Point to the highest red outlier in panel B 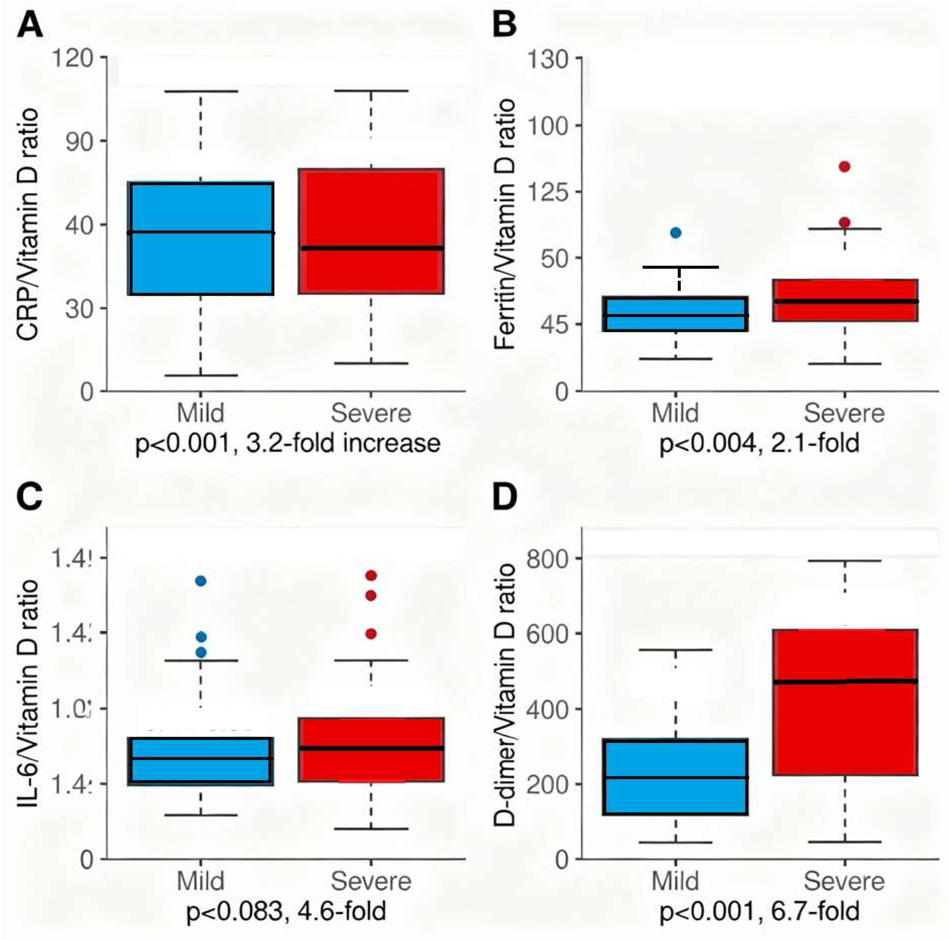click(844, 167)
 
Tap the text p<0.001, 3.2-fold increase click(287, 443)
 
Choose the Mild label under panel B click(676, 413)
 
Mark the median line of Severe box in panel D click(844, 682)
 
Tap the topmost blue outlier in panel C click(200, 581)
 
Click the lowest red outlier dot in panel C click(371, 634)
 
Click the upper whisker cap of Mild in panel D click(676, 650)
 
